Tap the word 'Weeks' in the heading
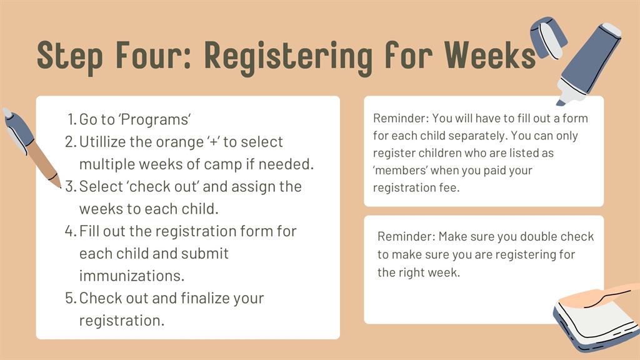pyautogui.click(x=490, y=55)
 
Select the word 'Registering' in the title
pyautogui.click(x=288, y=57)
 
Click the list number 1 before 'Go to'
pyautogui.click(x=72, y=119)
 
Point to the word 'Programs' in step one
pyautogui.click(x=155, y=119)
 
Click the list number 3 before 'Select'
pyautogui.click(x=71, y=186)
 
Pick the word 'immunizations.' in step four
pyautogui.click(x=131, y=276)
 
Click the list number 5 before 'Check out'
pyautogui.click(x=71, y=298)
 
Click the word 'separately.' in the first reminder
pyautogui.click(x=470, y=136)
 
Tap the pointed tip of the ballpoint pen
pyautogui.click(x=59, y=186)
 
